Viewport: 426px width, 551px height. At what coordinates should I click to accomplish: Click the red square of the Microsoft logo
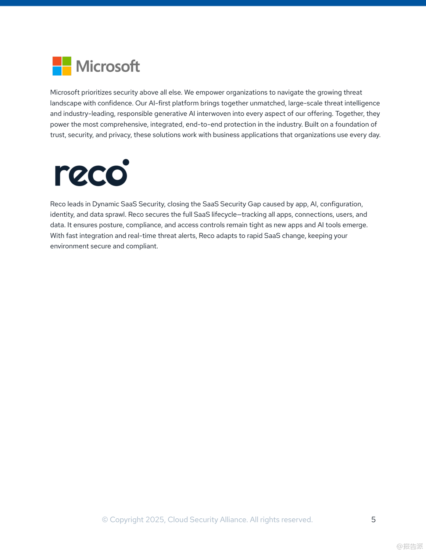coord(57,61)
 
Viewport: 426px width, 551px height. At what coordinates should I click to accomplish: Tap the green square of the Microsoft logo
coord(67,61)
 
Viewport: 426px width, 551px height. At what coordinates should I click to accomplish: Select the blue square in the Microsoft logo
coord(57,71)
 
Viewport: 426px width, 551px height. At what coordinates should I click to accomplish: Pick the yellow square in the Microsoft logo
coord(67,71)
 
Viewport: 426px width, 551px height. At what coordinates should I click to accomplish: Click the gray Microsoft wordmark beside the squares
coord(108,66)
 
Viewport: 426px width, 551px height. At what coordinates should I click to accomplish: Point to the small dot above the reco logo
coord(126,162)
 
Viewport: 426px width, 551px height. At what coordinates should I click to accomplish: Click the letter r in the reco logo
coord(61,176)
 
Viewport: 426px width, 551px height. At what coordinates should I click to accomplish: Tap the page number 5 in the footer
coord(373,519)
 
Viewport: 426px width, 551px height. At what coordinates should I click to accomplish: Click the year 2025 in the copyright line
coord(155,519)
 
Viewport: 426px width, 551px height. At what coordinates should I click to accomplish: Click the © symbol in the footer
coord(105,519)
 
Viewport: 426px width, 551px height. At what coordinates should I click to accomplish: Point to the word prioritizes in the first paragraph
coord(96,93)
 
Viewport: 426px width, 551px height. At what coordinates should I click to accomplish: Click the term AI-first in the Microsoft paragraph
coord(160,103)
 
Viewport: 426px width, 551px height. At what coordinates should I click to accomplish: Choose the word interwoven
coord(214,114)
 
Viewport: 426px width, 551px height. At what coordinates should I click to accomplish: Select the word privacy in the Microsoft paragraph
coord(119,135)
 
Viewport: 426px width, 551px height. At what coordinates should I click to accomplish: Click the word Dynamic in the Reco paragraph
coord(105,204)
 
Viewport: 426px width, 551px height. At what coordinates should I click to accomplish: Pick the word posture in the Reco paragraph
coord(111,225)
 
